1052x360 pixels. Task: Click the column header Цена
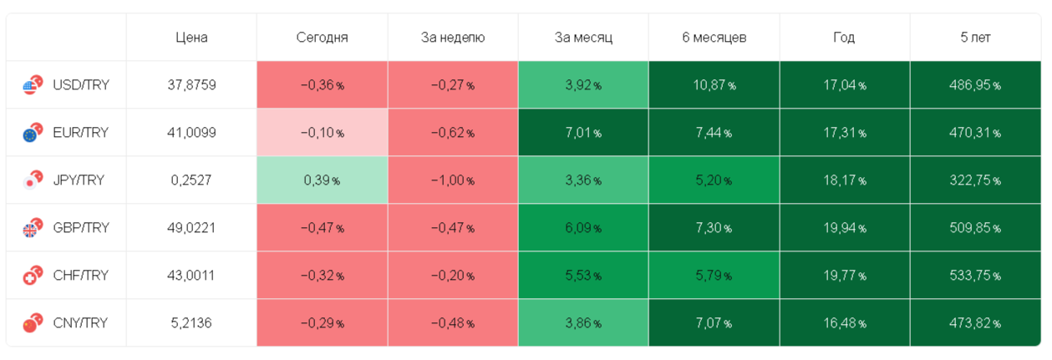[x=191, y=37]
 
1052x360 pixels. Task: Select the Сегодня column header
[x=322, y=37]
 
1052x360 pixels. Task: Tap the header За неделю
[x=452, y=37]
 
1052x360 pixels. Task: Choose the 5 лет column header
[x=976, y=37]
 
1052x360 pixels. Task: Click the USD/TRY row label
[x=80, y=84]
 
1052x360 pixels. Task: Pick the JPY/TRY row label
[x=79, y=180]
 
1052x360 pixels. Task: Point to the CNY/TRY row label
[x=80, y=323]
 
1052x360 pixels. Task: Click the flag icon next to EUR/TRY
[x=33, y=132]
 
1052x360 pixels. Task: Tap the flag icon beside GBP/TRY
[x=33, y=228]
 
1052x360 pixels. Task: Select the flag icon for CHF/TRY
[x=33, y=276]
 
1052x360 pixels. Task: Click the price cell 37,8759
[x=191, y=84]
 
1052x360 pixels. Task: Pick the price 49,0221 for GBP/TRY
[x=191, y=228]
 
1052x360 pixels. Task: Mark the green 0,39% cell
[x=322, y=180]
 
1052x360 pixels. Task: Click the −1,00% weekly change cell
[x=452, y=180]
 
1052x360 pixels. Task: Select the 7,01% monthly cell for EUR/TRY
[x=583, y=133]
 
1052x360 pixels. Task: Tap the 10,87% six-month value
[x=714, y=84]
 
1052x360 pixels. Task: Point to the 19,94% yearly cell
[x=845, y=228]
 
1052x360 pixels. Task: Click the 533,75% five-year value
[x=975, y=276]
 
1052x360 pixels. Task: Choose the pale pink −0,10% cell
[x=322, y=133]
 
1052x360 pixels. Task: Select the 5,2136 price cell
[x=191, y=323]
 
